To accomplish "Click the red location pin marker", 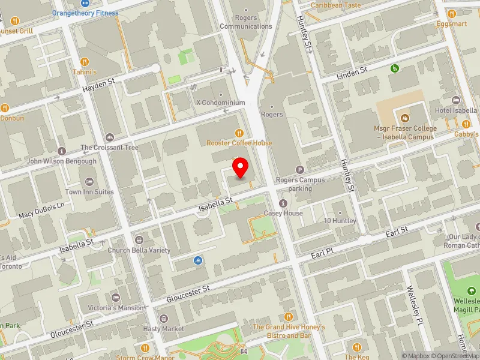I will (x=241, y=168).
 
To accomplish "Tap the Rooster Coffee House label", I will (x=239, y=143).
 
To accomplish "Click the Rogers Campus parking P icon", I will (x=300, y=170).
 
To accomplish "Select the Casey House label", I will (x=283, y=213).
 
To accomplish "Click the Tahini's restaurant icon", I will (x=84, y=62).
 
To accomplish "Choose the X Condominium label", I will (x=220, y=103).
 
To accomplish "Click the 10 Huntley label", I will (x=340, y=221).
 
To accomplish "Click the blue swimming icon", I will (x=198, y=260).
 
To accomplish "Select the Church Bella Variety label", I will (x=139, y=250).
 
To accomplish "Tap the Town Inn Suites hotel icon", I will (x=89, y=181).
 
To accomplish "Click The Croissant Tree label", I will (x=109, y=148).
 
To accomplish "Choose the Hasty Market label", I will (x=163, y=329).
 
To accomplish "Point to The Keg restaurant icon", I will (x=357, y=347).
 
